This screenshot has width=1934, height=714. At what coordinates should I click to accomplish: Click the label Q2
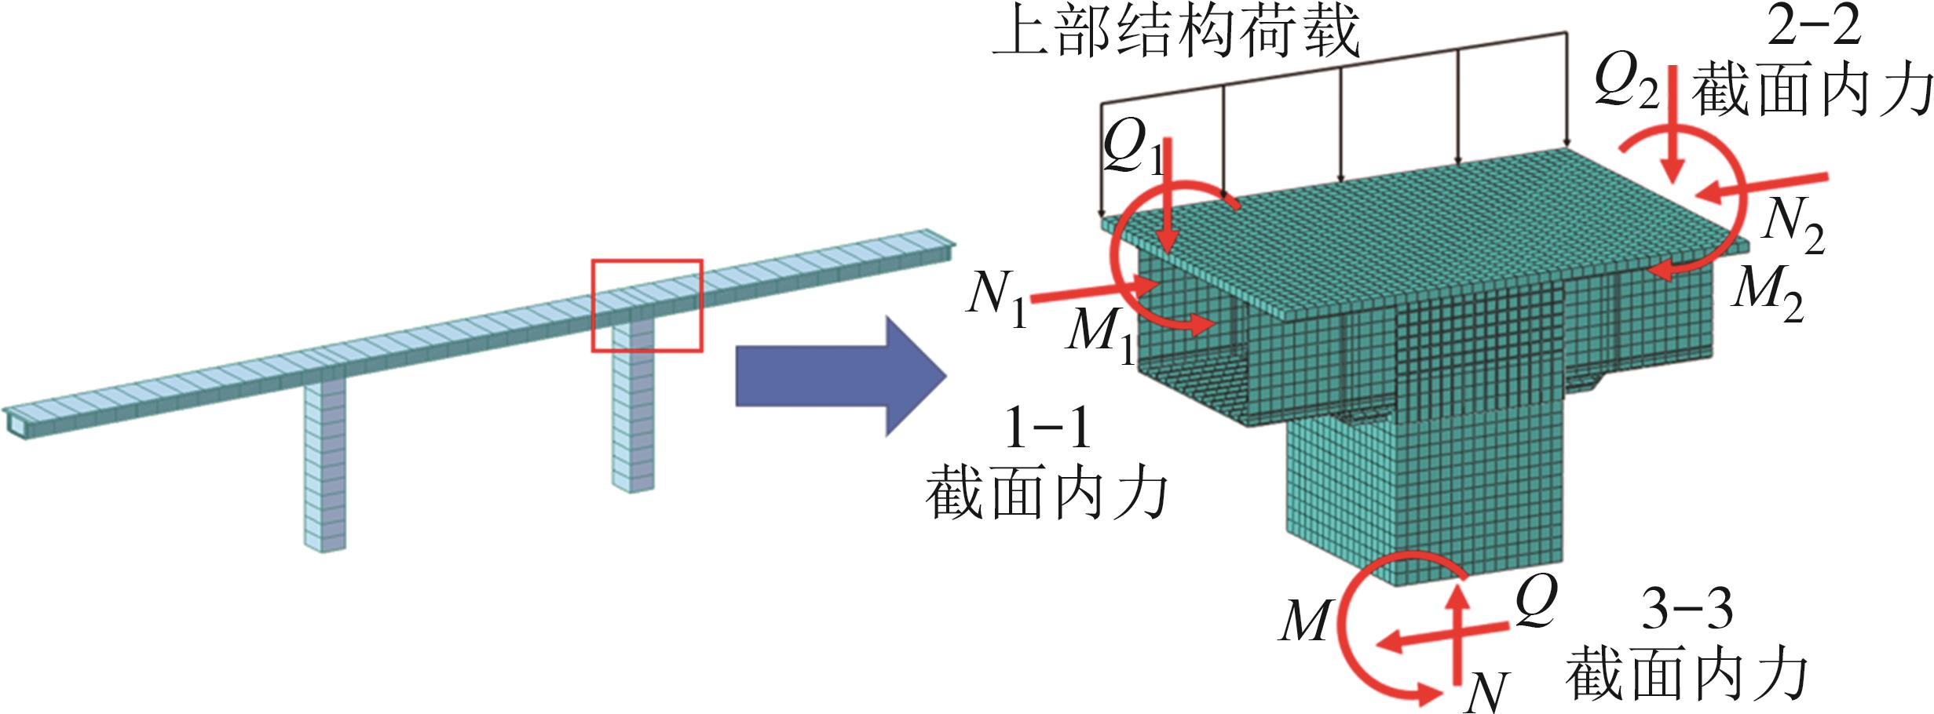point(1625,83)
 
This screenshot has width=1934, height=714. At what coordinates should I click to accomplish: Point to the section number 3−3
point(1687,609)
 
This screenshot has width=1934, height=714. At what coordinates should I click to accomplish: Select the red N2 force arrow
point(1763,185)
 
